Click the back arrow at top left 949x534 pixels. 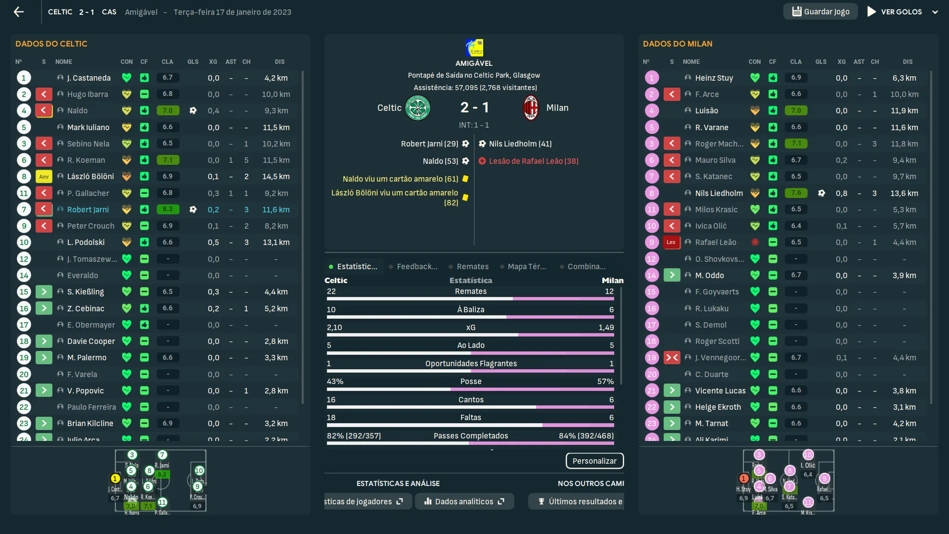pos(19,12)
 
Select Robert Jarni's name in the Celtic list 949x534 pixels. pos(88,209)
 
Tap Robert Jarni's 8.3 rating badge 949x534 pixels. pos(168,209)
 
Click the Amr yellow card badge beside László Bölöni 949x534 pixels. pos(44,177)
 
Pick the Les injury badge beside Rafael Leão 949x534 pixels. pos(671,243)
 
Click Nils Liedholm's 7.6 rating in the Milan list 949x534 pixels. pos(796,193)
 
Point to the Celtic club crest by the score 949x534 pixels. pos(417,108)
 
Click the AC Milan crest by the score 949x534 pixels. pos(531,108)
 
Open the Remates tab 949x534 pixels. pos(472,267)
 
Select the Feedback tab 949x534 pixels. pos(417,267)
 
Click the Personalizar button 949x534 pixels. pos(594,461)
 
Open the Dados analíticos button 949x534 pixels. pos(464,501)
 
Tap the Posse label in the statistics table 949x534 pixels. pos(471,382)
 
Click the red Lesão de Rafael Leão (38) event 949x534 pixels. pos(533,161)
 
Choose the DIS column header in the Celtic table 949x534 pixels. pos(279,62)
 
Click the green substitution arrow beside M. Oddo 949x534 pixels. pos(672,275)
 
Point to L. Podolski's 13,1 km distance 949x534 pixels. pos(276,243)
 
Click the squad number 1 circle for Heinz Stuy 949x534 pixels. pos(651,78)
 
